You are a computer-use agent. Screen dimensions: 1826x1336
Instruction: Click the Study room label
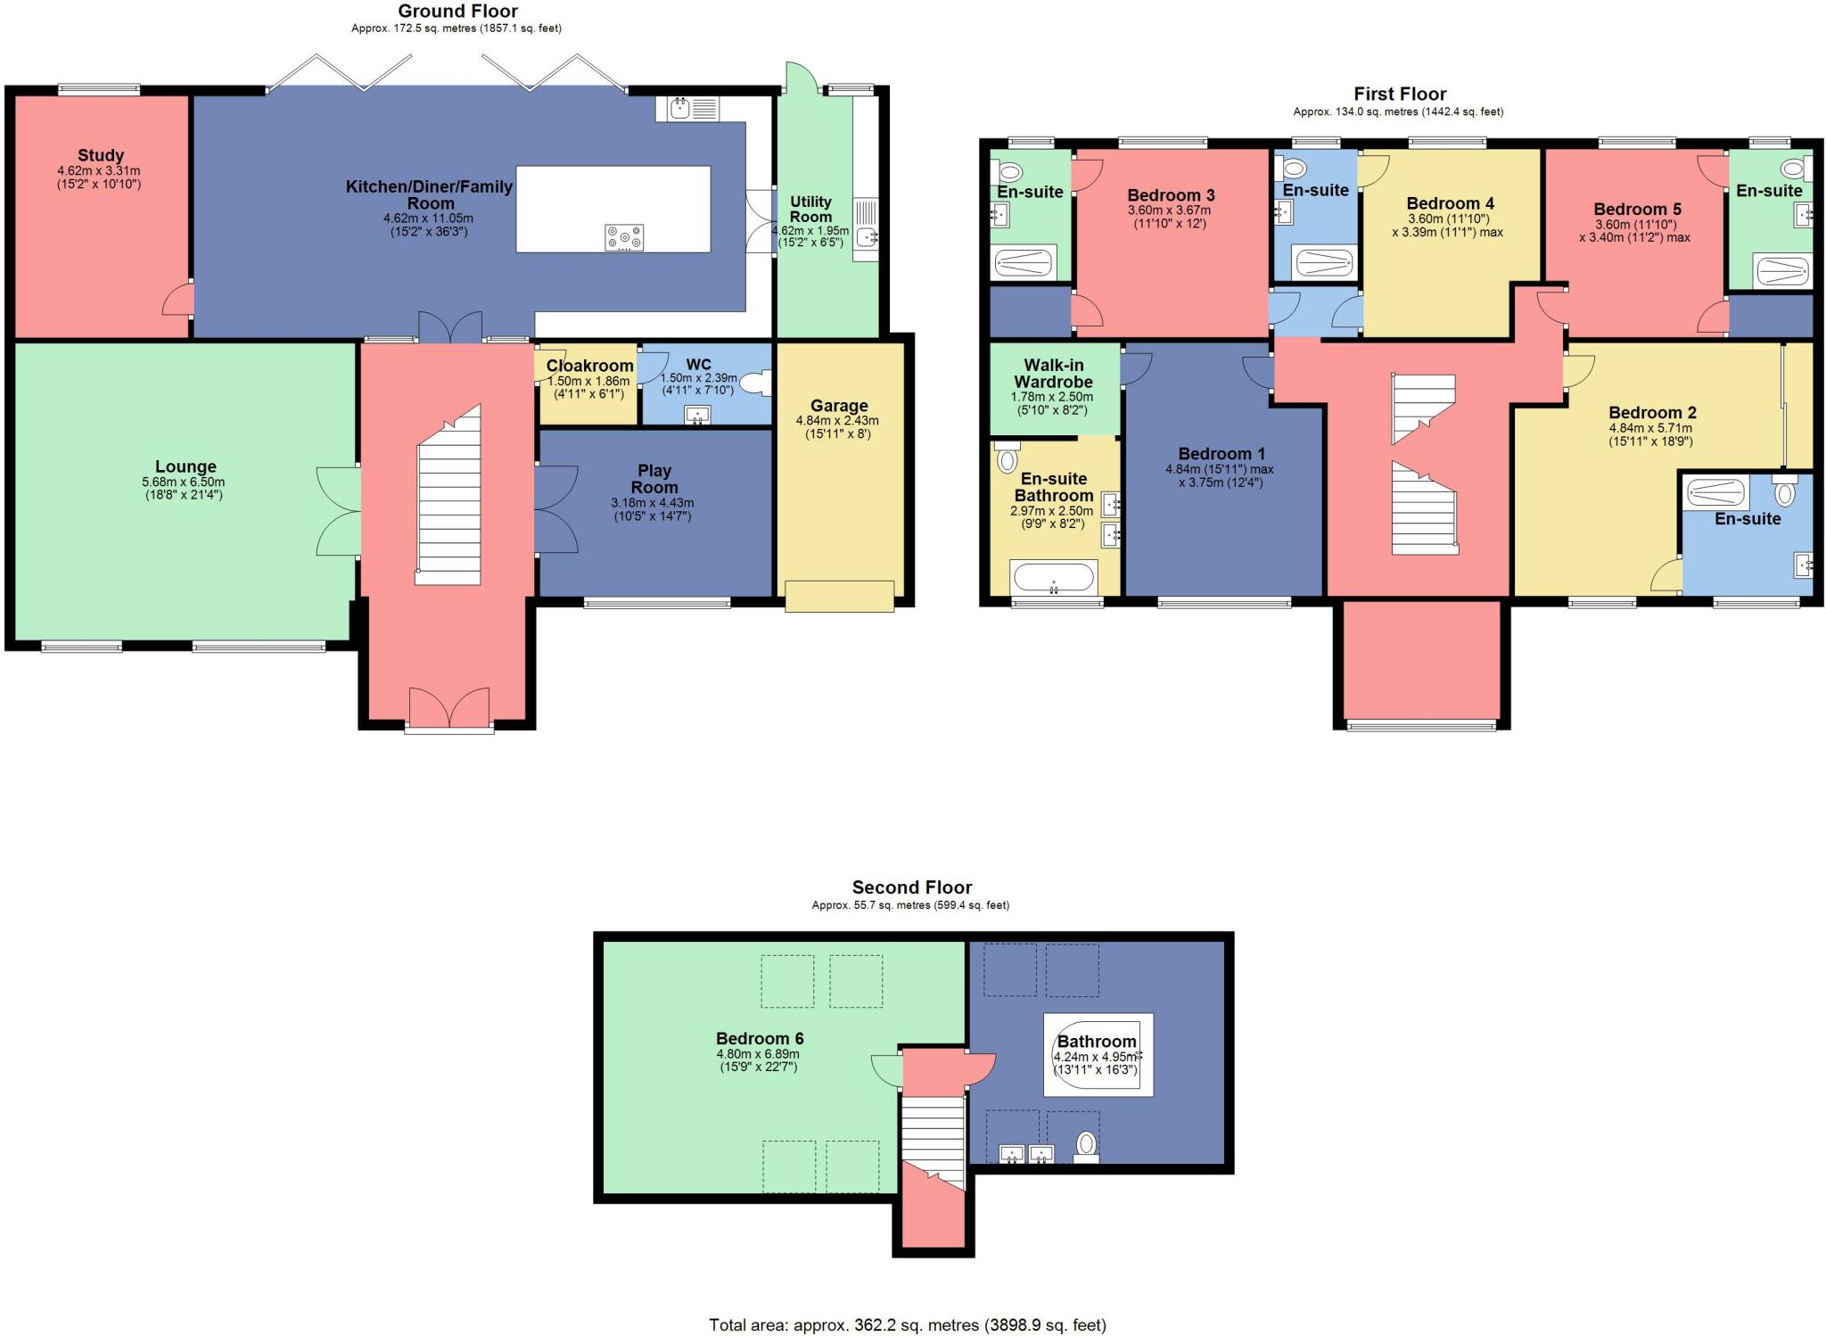[x=101, y=155]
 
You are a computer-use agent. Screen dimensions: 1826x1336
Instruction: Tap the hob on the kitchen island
[x=624, y=237]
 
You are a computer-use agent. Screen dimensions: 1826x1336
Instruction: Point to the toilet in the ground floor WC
[x=759, y=383]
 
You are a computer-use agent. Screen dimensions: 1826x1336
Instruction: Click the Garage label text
[x=839, y=405]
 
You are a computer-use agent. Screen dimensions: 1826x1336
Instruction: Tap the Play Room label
[x=654, y=479]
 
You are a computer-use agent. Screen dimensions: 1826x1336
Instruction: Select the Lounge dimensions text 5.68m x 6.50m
[x=185, y=482]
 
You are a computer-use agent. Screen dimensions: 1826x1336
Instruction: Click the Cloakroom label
[x=589, y=366]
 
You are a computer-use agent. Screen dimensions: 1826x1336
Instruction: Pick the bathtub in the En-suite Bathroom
[x=1053, y=576]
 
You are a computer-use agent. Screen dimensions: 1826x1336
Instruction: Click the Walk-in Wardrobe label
[x=1053, y=373]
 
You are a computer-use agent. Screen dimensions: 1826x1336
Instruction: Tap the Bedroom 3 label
[x=1171, y=195]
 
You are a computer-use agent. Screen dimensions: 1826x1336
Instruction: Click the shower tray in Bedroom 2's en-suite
[x=1715, y=493]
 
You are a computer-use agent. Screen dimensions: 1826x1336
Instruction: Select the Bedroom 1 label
[x=1221, y=453]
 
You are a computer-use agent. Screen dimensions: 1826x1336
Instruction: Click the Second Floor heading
[x=911, y=887]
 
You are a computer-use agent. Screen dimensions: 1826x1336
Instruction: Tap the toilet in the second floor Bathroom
[x=1086, y=1147]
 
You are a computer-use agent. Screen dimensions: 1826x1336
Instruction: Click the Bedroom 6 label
[x=760, y=1038]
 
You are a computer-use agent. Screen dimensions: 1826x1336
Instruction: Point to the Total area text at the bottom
[x=908, y=1325]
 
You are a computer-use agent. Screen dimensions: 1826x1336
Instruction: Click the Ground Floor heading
[x=457, y=11]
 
